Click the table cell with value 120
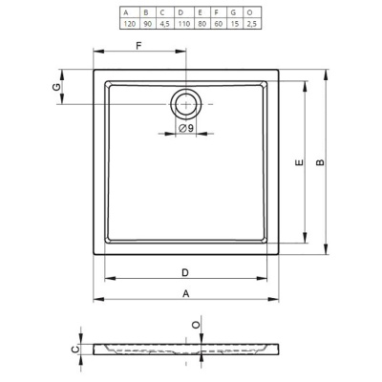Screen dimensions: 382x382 130,24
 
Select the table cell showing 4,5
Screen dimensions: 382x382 164,24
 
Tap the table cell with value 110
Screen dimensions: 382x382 184,24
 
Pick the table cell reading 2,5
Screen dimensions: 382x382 252,24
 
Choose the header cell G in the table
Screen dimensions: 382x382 235,12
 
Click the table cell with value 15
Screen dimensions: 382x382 235,24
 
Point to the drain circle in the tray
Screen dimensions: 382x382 186,104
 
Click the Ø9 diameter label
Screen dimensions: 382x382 186,128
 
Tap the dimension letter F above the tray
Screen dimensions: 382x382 138,46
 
